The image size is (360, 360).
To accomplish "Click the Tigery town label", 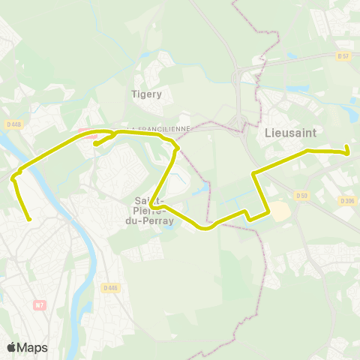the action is (146, 94).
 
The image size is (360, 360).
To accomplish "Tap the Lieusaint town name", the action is (290, 132).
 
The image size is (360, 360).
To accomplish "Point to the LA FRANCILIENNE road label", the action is (159, 129).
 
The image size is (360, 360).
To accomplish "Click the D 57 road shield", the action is (343, 56).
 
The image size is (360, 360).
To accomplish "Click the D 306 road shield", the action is (346, 201).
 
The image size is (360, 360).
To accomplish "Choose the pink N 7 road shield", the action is (40, 304).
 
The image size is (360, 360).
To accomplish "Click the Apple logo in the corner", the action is (11, 347).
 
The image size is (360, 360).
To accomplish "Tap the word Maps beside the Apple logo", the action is (32, 347).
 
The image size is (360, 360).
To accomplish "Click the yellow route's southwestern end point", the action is (29, 220).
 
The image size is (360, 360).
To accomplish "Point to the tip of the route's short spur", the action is (95, 144).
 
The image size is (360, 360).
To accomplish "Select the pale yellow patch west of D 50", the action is (280, 211).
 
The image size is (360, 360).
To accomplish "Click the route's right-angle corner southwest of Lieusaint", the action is (254, 174).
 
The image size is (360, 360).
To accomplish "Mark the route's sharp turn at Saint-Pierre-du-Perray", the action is (151, 203).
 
